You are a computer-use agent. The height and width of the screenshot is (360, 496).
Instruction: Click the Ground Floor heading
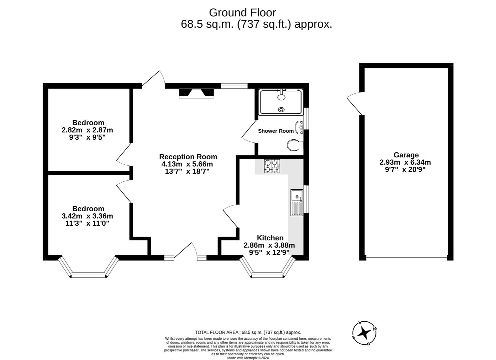tap(242, 13)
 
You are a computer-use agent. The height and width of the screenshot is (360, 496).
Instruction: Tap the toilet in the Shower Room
tap(295, 145)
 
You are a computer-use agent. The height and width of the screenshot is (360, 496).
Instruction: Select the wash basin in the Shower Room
tap(299, 127)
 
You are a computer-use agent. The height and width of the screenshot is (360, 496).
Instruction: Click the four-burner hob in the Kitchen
tap(271, 166)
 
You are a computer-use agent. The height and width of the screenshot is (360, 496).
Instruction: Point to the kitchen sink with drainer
tap(296, 203)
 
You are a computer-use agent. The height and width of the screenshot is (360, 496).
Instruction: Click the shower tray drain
tap(282, 109)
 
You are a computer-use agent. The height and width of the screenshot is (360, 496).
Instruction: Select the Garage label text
tap(406, 155)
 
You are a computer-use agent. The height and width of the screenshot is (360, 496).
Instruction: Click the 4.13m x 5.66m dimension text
tap(187, 164)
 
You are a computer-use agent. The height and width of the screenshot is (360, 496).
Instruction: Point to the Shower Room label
tap(276, 131)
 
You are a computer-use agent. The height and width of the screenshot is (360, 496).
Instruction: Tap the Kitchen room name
tap(270, 238)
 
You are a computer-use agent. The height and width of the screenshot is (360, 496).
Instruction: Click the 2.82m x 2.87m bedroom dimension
tap(87, 130)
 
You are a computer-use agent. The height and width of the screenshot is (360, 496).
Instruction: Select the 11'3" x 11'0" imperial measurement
tap(87, 223)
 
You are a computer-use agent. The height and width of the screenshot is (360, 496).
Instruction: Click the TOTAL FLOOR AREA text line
tap(248, 332)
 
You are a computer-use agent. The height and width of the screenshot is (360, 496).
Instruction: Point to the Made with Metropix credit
tap(248, 358)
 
